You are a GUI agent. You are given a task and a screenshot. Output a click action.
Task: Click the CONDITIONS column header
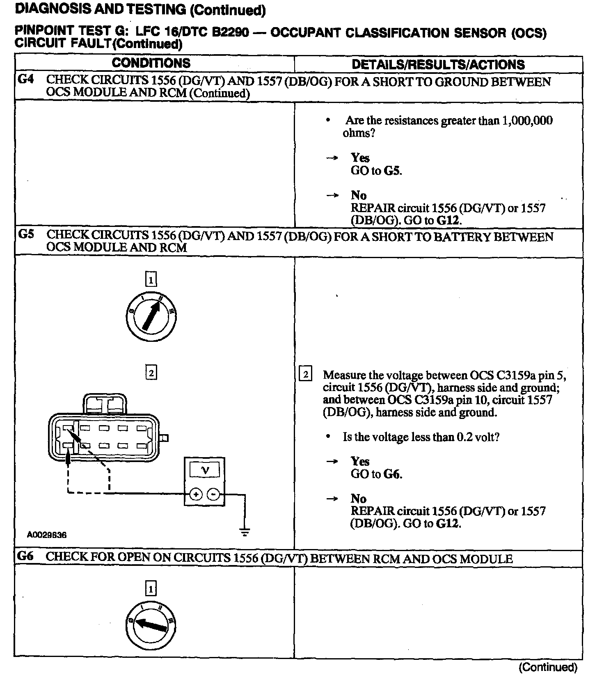(x=151, y=63)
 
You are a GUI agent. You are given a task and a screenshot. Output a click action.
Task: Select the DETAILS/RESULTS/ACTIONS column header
(x=438, y=64)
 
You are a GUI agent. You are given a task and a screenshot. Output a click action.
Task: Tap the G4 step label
(x=26, y=80)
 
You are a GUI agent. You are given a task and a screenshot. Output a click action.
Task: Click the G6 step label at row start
(x=25, y=556)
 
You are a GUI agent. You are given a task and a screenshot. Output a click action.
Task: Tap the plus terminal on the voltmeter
(x=196, y=494)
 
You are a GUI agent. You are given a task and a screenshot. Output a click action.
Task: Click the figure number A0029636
(x=47, y=535)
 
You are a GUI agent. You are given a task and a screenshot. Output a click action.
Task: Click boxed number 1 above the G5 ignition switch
(x=151, y=280)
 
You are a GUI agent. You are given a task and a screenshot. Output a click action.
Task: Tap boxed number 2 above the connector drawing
(x=151, y=373)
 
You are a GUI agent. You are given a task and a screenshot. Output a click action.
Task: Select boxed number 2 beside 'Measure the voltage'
(x=306, y=375)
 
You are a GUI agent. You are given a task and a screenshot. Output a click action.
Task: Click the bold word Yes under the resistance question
(x=360, y=158)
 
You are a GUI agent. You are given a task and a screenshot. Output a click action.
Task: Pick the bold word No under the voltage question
(x=358, y=499)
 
